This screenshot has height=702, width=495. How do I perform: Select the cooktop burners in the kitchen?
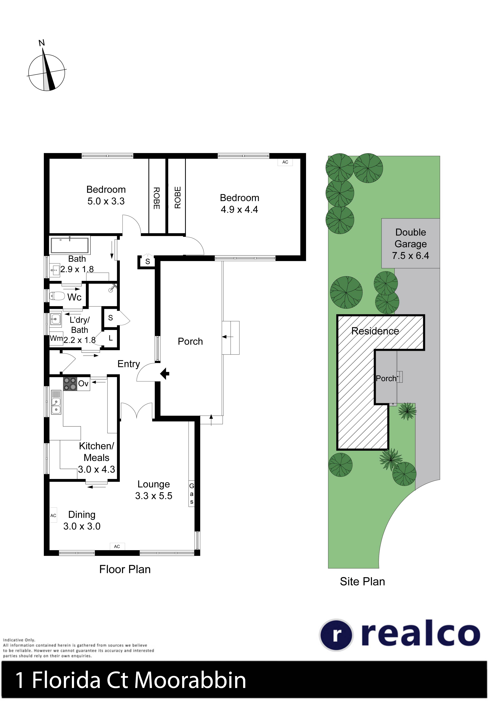pyautogui.click(x=70, y=384)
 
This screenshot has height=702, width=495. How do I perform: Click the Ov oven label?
pyautogui.click(x=83, y=383)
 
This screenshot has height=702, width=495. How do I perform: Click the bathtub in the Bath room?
pyautogui.click(x=70, y=245)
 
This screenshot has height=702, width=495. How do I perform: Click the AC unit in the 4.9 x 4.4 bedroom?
pyautogui.click(x=285, y=162)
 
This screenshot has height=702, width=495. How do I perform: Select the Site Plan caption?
pyautogui.click(x=362, y=582)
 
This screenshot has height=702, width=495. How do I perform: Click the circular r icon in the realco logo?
pyautogui.click(x=336, y=635)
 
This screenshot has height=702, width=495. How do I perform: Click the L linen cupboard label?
pyautogui.click(x=111, y=338)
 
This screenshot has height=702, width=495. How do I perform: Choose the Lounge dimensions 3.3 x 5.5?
pyautogui.click(x=154, y=496)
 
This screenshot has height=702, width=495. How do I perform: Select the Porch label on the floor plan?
pyautogui.click(x=190, y=341)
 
